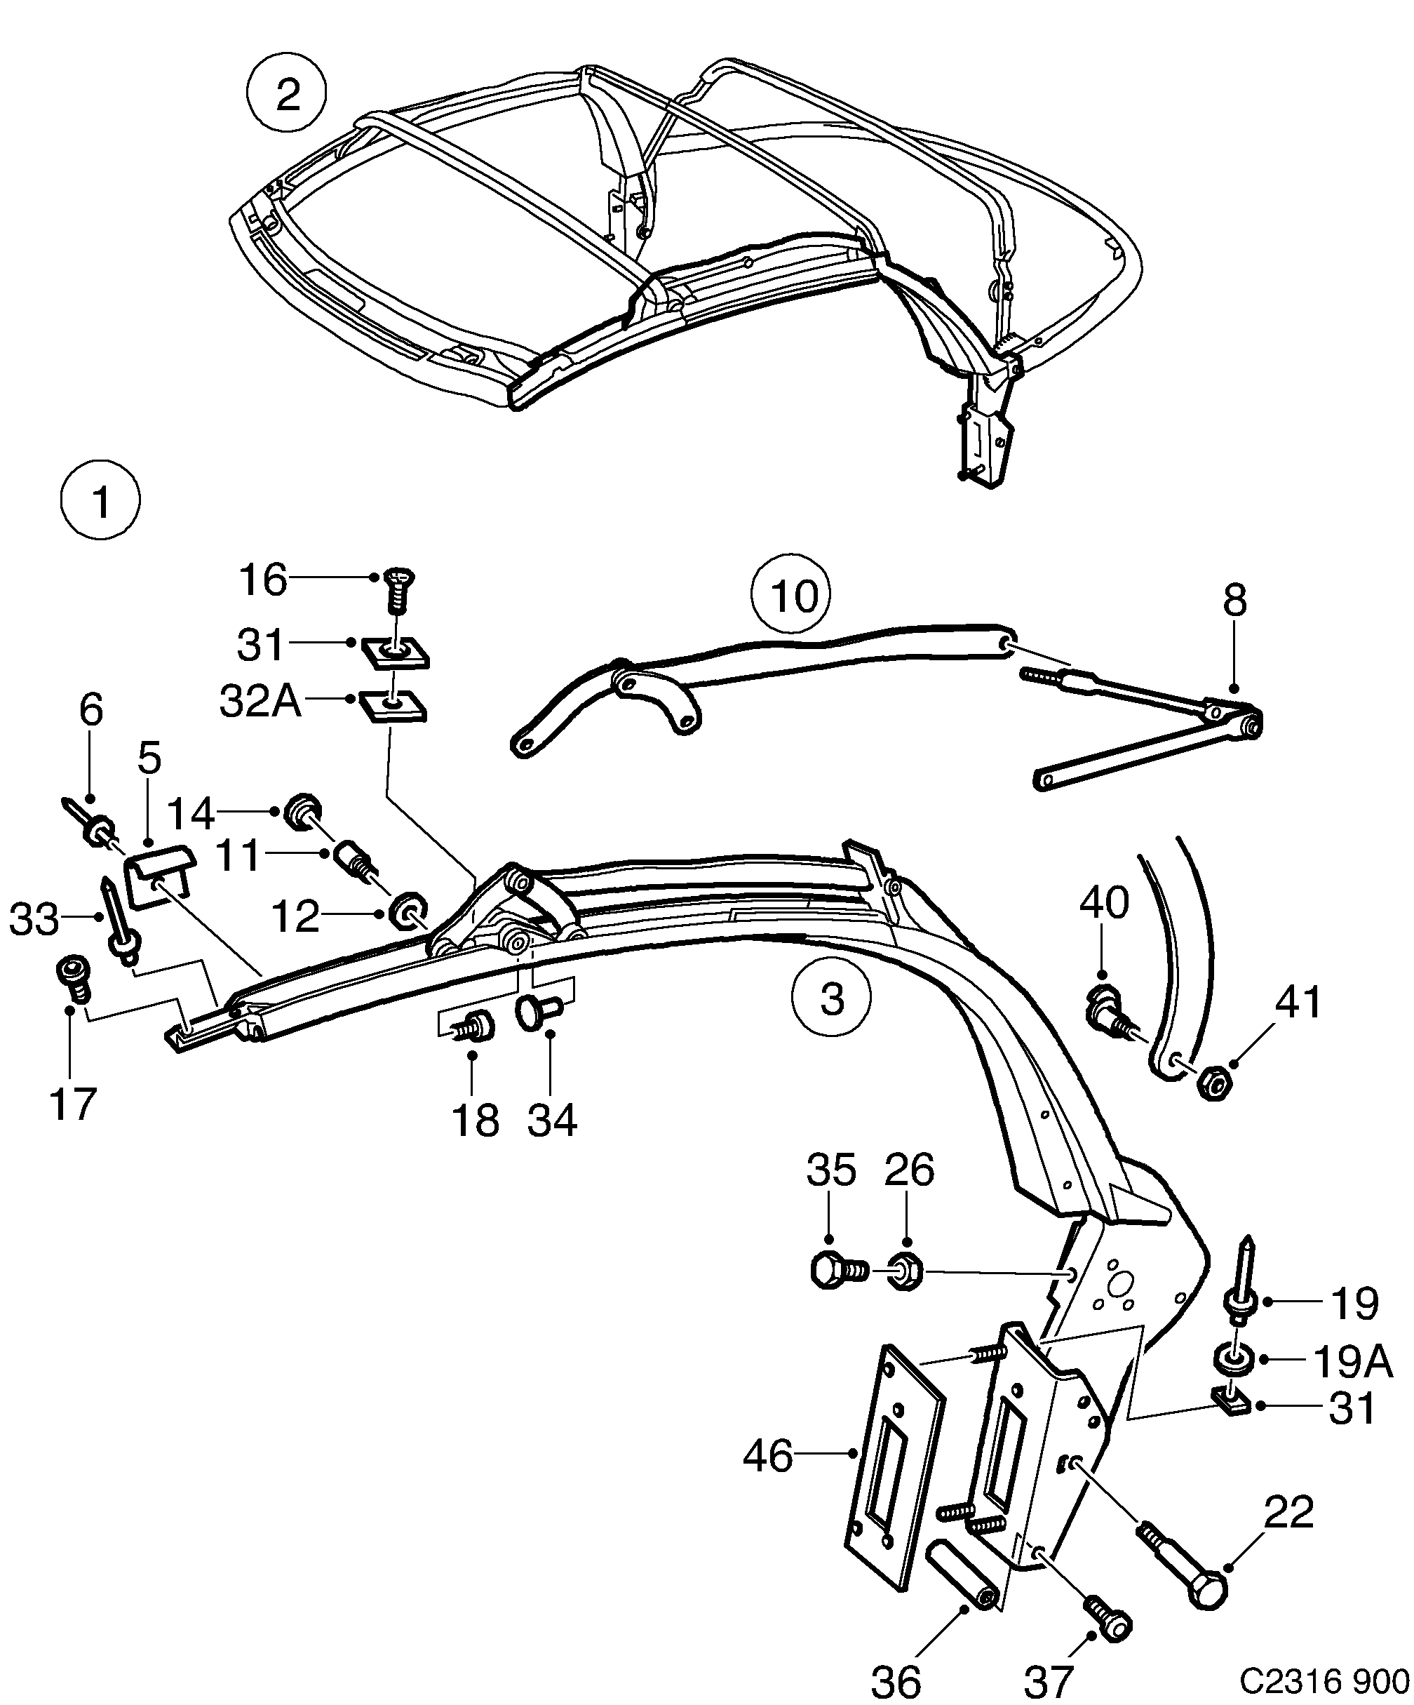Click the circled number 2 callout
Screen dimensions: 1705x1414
coord(287,95)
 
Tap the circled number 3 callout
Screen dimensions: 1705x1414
coord(832,998)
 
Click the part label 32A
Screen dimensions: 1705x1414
coord(260,700)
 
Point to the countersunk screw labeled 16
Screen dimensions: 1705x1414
coord(396,600)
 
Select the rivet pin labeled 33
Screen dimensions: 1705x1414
coord(118,918)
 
